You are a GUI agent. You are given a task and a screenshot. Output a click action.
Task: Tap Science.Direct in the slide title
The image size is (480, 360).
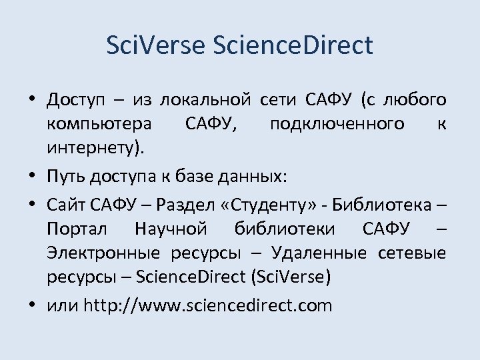[291, 45]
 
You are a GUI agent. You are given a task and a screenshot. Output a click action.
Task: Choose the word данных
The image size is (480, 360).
[254, 177]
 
